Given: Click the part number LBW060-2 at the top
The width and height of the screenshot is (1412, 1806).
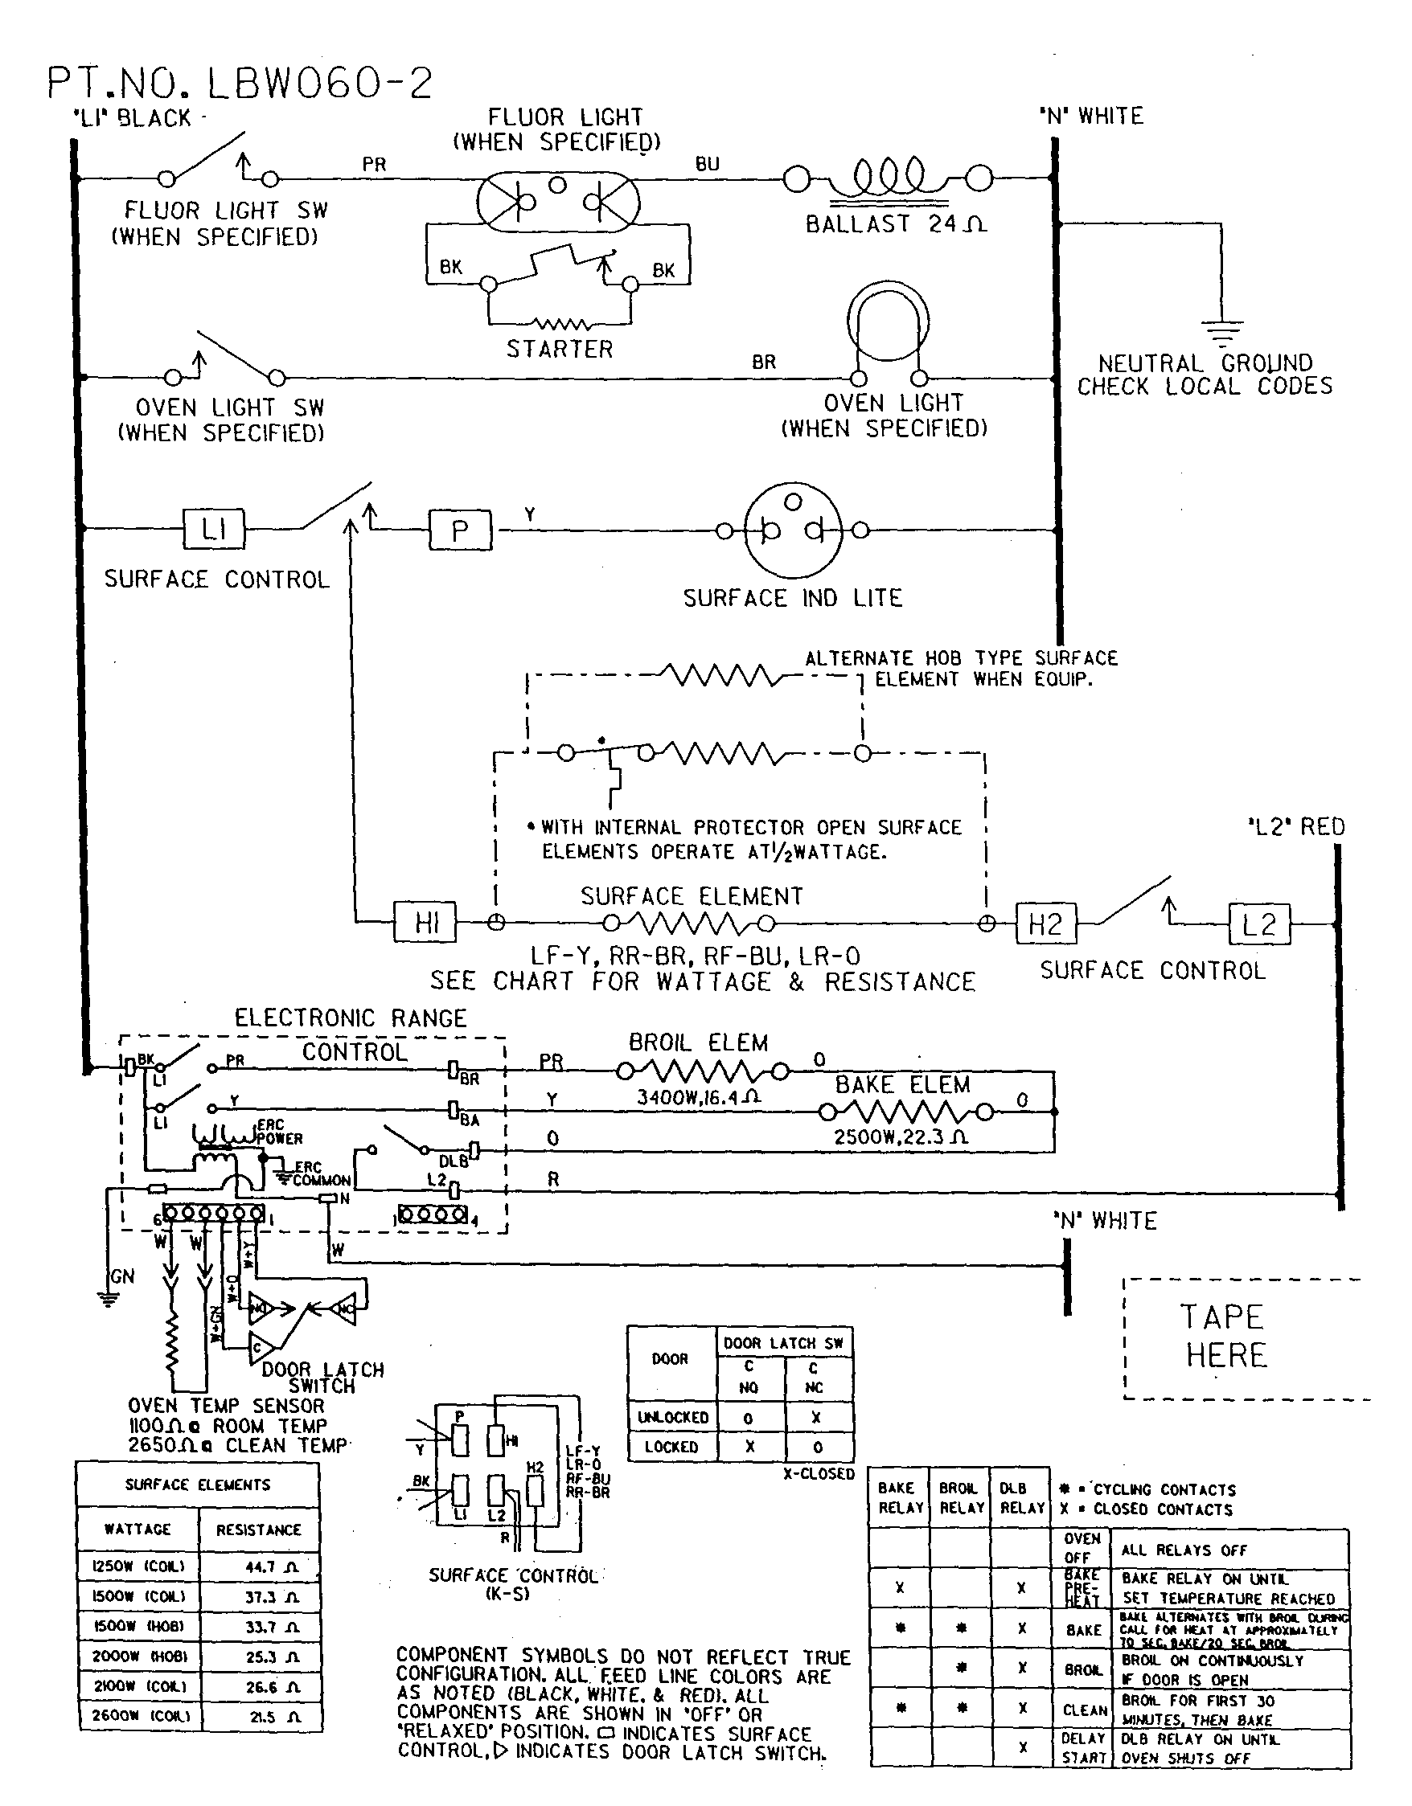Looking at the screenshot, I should pos(240,83).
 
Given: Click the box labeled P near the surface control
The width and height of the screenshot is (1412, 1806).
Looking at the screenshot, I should pos(460,530).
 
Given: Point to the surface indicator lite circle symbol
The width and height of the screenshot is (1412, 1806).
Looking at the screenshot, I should pos(792,530).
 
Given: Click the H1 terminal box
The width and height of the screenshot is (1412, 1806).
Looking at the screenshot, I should pos(426,923).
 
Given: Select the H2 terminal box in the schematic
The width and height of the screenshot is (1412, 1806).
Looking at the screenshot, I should pos(1045,923).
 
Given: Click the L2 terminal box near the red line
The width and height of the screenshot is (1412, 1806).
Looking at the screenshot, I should pos(1259,923).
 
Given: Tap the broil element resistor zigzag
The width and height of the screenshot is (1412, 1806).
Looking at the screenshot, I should pos(700,1072).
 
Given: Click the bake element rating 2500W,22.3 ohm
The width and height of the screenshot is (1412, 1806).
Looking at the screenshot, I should pos(900,1137).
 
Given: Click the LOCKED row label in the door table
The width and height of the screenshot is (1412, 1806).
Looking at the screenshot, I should pos(671,1447).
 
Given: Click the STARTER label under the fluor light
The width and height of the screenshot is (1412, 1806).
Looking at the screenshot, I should pos(560,349).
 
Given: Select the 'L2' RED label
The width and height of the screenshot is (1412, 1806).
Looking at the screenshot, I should pos(1295,827).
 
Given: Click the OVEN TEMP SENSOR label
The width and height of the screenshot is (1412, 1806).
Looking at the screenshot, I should pos(226,1406).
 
